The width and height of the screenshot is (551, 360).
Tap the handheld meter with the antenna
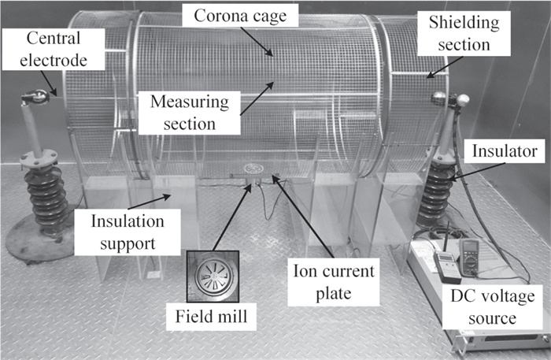(x=447, y=265)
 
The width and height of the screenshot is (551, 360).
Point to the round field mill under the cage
(x=253, y=169)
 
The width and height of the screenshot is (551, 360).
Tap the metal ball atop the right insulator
(x=464, y=101)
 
